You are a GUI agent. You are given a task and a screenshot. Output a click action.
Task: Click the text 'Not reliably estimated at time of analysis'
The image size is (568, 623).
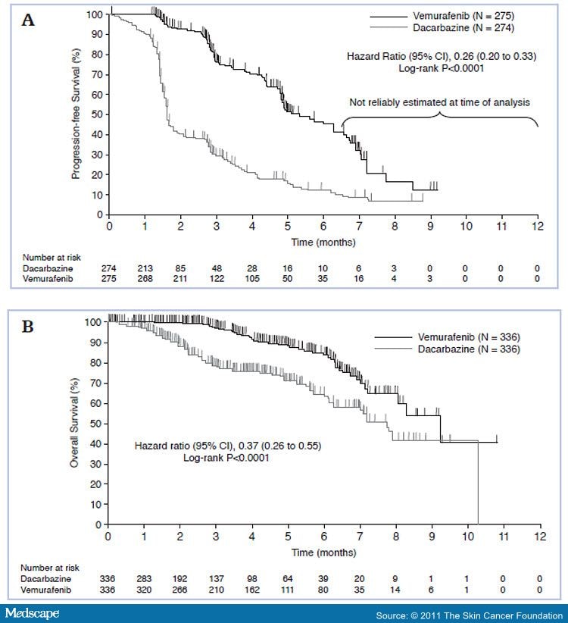[439, 102]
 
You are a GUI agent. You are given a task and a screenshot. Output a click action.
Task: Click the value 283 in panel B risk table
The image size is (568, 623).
[145, 579]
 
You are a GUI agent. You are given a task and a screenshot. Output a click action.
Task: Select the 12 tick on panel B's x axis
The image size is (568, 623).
[539, 537]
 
